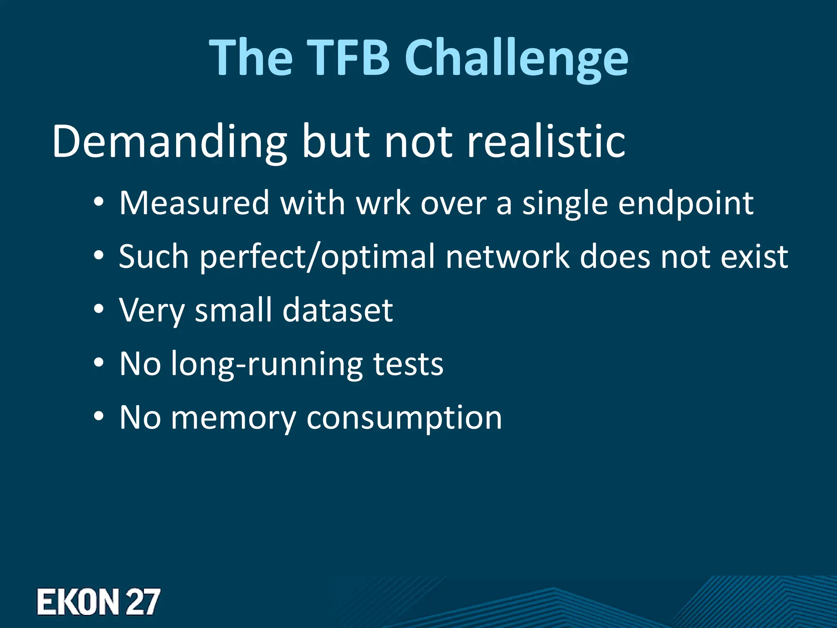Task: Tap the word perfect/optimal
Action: coord(318,257)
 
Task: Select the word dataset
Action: coord(338,310)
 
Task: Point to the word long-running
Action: coord(266,364)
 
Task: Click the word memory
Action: coord(233,418)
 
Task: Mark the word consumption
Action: coord(404,418)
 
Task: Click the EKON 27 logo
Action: coord(98,601)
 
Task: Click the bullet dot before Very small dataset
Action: coord(98,310)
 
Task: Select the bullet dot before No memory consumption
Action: coord(98,417)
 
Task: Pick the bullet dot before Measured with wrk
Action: coord(98,202)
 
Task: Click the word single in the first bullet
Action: coord(565,203)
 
